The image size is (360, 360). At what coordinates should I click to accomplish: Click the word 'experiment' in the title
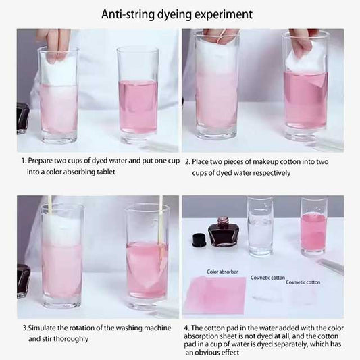[224, 14]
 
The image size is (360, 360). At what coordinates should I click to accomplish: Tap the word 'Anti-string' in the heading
[128, 14]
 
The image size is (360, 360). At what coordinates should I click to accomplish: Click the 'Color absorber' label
[222, 272]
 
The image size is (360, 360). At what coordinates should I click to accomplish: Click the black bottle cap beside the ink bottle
[199, 240]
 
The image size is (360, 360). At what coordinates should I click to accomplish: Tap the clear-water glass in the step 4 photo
[260, 226]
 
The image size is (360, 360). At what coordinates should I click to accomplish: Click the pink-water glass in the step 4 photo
[313, 226]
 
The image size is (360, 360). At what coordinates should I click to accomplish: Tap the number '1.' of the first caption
[24, 161]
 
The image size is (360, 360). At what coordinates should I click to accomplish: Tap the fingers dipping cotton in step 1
[56, 45]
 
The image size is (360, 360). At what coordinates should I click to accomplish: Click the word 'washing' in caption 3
[128, 328]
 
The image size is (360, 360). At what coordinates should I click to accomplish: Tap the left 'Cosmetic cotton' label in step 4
[267, 278]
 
